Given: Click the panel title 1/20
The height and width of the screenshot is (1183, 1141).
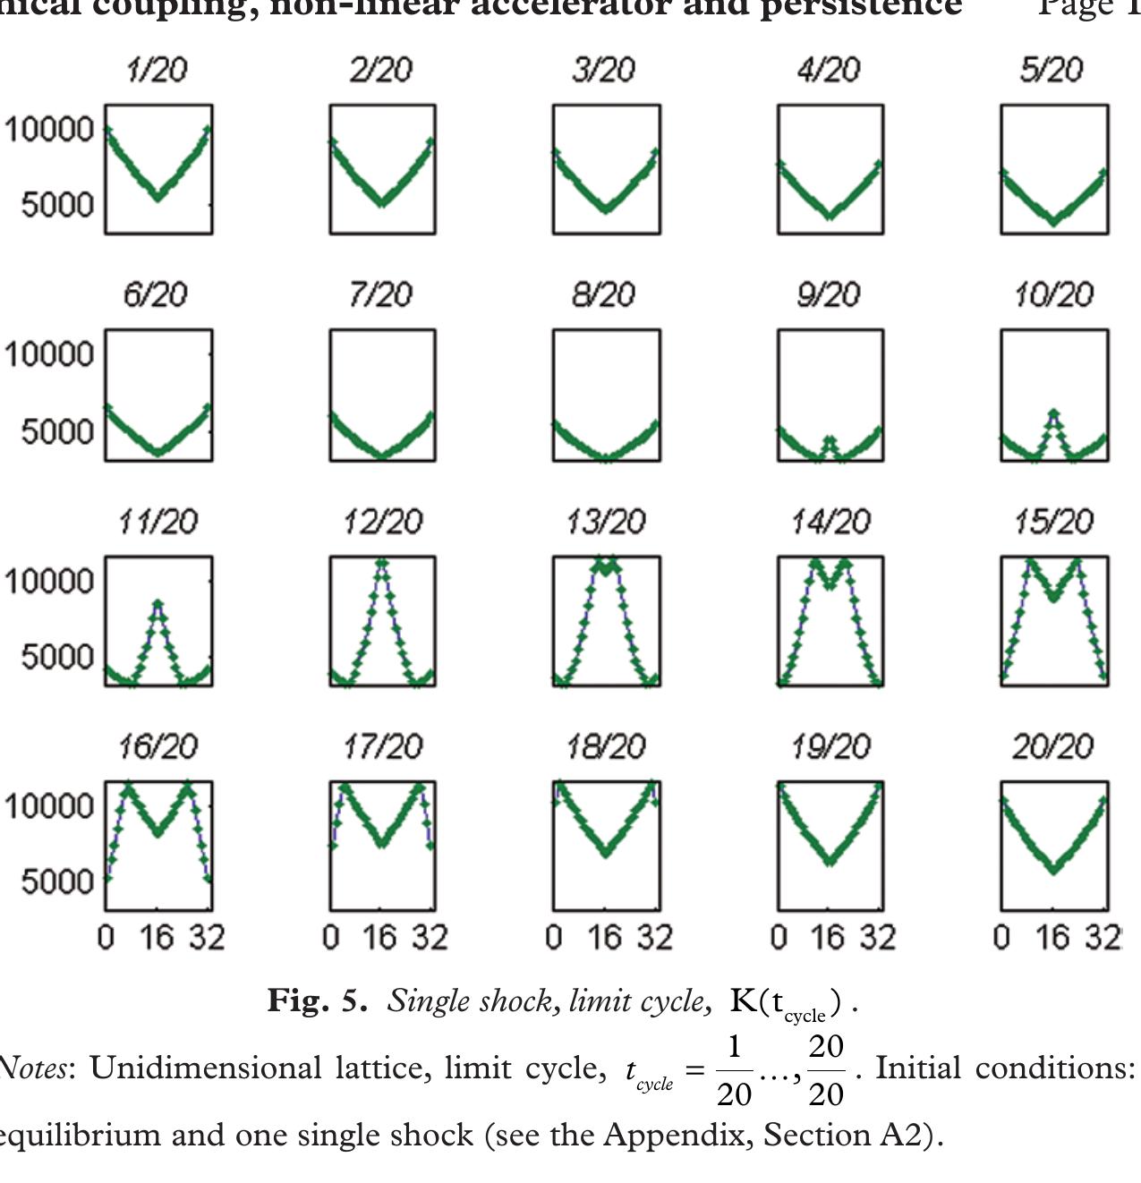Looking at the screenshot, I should pyautogui.click(x=158, y=70).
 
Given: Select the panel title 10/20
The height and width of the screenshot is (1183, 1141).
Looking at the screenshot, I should pyautogui.click(x=1053, y=295).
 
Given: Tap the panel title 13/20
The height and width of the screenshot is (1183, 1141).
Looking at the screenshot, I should pyautogui.click(x=606, y=522).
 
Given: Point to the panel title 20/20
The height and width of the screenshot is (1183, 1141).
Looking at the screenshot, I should pyautogui.click(x=1053, y=746).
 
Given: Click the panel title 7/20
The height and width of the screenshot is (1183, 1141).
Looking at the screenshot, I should pyautogui.click(x=381, y=295).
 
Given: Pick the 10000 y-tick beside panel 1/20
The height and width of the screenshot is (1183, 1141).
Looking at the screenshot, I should pyautogui.click(x=49, y=130).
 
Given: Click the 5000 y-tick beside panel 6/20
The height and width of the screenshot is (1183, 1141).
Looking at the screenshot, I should pyautogui.click(x=56, y=431).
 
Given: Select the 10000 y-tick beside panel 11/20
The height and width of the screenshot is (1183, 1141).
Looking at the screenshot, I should pyautogui.click(x=49, y=582).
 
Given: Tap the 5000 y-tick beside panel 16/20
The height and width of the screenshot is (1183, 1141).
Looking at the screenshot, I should pyautogui.click(x=56, y=881).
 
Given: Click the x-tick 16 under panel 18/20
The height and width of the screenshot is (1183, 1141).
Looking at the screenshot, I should pyautogui.click(x=605, y=938).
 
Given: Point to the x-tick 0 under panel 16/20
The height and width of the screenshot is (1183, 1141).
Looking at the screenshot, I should pyautogui.click(x=106, y=938).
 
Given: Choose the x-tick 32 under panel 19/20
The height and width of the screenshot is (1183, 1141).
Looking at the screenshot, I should pyautogui.click(x=878, y=938).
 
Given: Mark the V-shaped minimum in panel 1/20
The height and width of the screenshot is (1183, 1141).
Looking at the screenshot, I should pyautogui.click(x=158, y=195).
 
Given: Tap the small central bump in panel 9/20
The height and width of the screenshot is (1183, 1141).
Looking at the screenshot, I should pyautogui.click(x=830, y=442).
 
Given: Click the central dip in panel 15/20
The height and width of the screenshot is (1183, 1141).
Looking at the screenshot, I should pyautogui.click(x=1053, y=595).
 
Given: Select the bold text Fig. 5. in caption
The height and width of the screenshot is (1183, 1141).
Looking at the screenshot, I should pyautogui.click(x=317, y=1000).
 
